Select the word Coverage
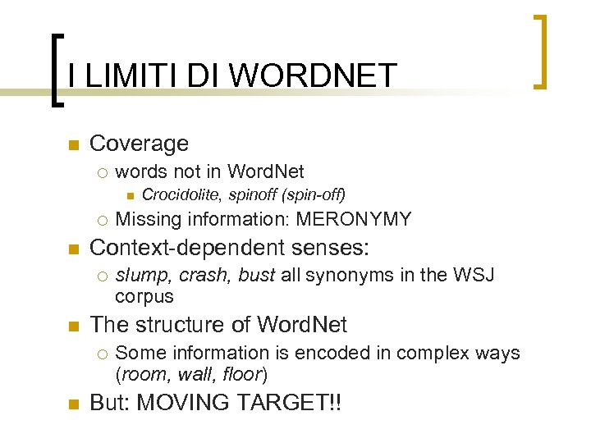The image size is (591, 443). point(139,144)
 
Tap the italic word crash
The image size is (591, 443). point(203,275)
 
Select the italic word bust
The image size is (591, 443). point(256,275)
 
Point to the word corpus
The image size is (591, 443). point(144,296)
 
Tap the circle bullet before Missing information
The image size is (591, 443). point(101,220)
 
